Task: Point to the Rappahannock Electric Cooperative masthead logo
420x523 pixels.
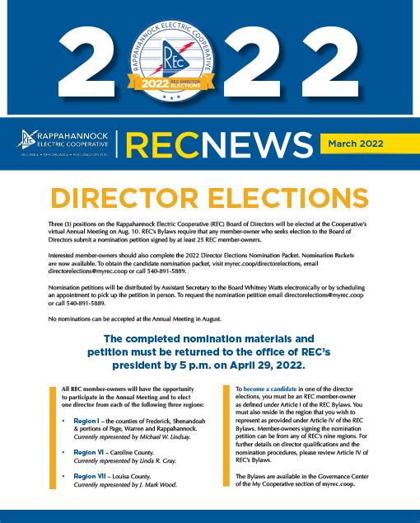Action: tap(60, 144)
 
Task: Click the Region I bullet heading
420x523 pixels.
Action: tap(90, 421)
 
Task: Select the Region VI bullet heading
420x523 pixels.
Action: tap(91, 453)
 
